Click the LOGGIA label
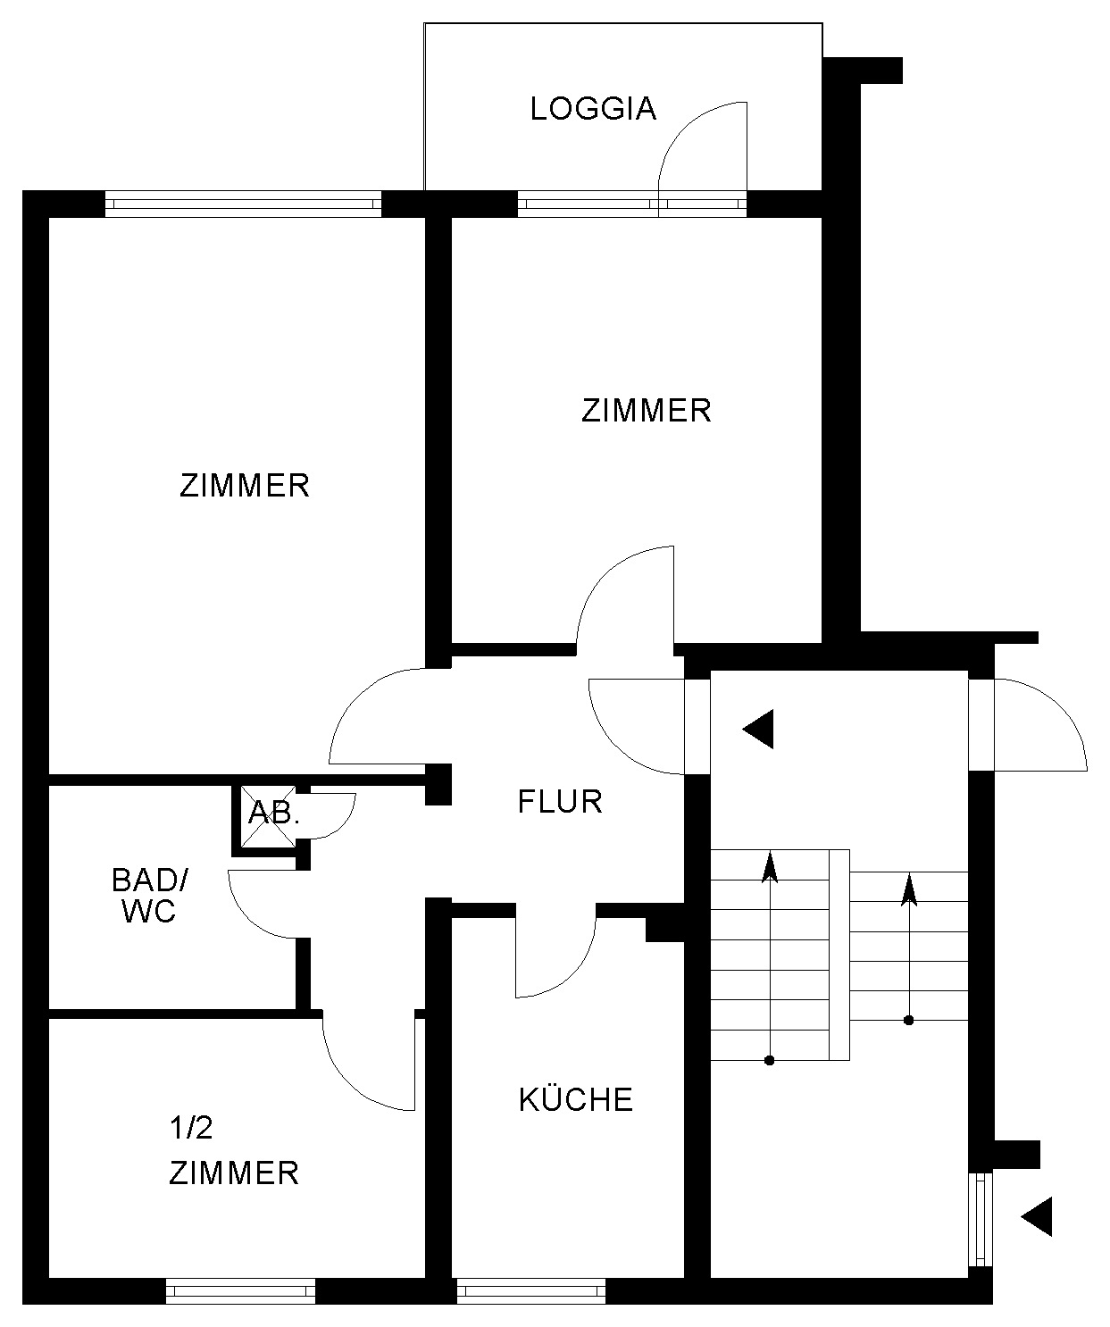[593, 109]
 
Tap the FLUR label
[560, 801]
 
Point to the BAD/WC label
[149, 896]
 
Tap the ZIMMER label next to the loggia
[646, 411]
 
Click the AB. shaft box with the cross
[268, 817]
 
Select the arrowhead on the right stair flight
[909, 889]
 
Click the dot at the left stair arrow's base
[769, 1060]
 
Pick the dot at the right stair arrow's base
[909, 1020]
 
